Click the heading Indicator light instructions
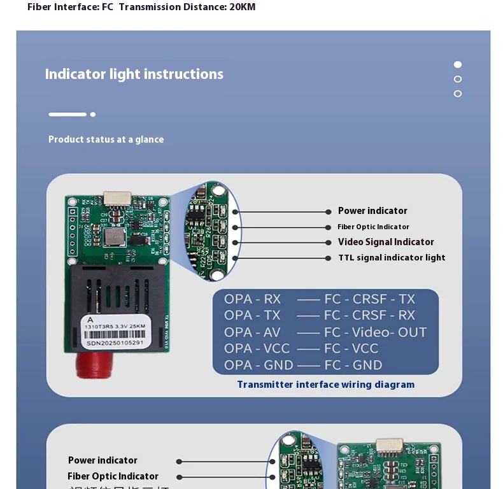[134, 74]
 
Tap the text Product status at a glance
[106, 139]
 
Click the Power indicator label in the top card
[372, 211]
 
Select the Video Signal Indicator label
[386, 242]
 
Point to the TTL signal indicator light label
[392, 258]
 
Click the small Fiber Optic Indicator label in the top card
[373, 227]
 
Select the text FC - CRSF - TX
[369, 299]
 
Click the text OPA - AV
[251, 332]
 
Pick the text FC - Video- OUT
[375, 332]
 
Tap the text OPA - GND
[259, 365]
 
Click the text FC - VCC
[351, 349]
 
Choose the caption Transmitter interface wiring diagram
[325, 385]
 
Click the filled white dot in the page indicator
[457, 64]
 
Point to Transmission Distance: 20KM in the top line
[187, 7]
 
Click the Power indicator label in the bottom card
[103, 460]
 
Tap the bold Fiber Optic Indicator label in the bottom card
[113, 476]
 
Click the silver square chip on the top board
[113, 237]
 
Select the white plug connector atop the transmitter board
[117, 198]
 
